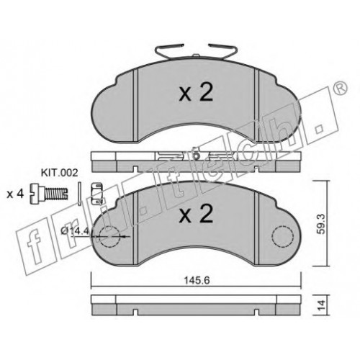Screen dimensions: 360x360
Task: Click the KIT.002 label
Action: pyautogui.click(x=60, y=173)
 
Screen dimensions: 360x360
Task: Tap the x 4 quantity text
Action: pyautogui.click(x=15, y=194)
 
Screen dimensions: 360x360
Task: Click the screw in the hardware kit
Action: pyautogui.click(x=49, y=194)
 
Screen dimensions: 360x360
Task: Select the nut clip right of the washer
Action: pyautogui.click(x=98, y=194)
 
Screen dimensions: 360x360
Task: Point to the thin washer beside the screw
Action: pyautogui.click(x=79, y=194)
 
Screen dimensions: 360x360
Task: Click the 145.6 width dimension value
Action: pyautogui.click(x=197, y=280)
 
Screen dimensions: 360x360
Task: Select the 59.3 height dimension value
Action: pyautogui.click(x=322, y=224)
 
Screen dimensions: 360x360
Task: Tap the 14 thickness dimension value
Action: pyautogui.click(x=322, y=305)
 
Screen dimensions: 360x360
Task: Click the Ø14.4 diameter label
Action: pyautogui.click(x=75, y=231)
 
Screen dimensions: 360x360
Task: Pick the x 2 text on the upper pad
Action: pyautogui.click(x=197, y=94)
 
